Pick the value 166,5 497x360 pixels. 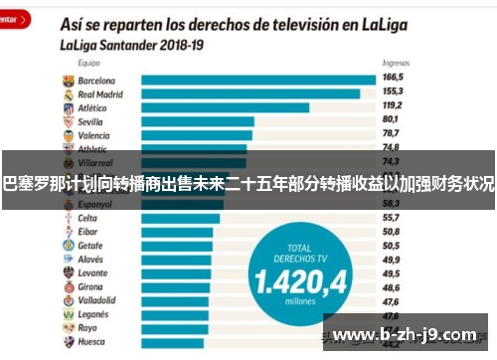click(393, 77)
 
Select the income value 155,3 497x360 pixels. click(393, 90)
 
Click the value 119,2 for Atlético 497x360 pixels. click(393, 104)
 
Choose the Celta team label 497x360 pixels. click(87, 218)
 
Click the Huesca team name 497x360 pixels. click(91, 341)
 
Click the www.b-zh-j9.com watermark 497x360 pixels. click(409, 333)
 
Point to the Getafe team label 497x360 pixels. click(90, 245)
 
